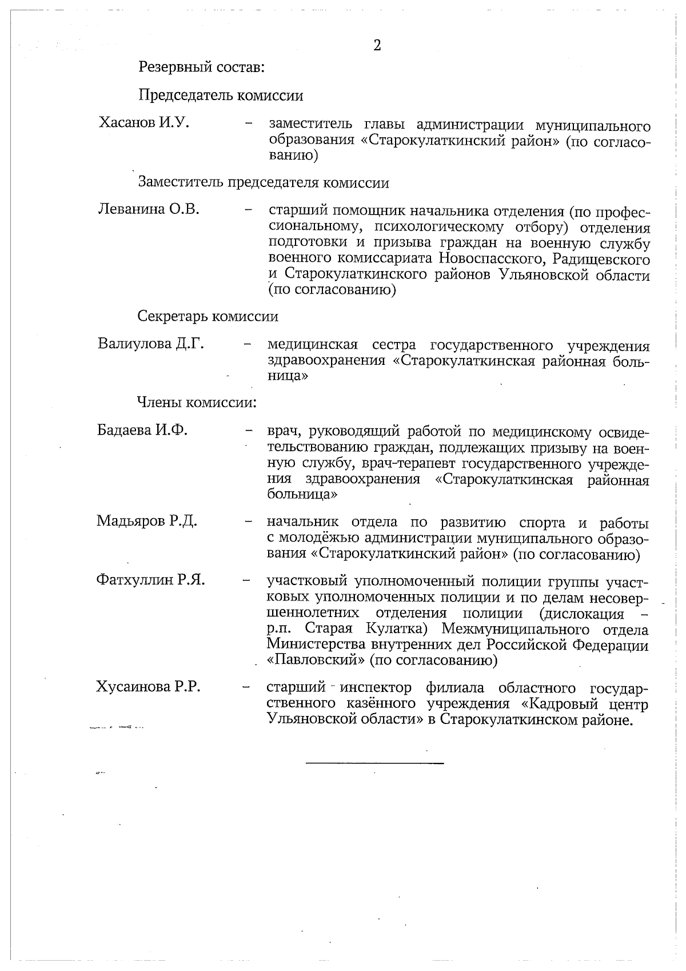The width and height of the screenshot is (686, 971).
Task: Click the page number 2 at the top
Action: (377, 46)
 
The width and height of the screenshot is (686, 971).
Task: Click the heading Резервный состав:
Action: (201, 67)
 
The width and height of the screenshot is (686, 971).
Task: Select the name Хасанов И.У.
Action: (144, 122)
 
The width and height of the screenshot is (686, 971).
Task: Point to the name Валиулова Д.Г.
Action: (150, 344)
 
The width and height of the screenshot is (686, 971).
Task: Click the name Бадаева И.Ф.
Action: (142, 430)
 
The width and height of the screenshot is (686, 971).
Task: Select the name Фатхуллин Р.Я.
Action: (150, 580)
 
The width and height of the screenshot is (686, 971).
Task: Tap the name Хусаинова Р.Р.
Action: (148, 687)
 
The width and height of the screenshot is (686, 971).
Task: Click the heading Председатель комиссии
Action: (221, 95)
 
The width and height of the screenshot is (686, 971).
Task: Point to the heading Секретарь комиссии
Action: (208, 316)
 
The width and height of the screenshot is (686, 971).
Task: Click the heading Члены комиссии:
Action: (196, 403)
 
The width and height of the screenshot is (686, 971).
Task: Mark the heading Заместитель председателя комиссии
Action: (264, 182)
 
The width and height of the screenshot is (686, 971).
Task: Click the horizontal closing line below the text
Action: (375, 763)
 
